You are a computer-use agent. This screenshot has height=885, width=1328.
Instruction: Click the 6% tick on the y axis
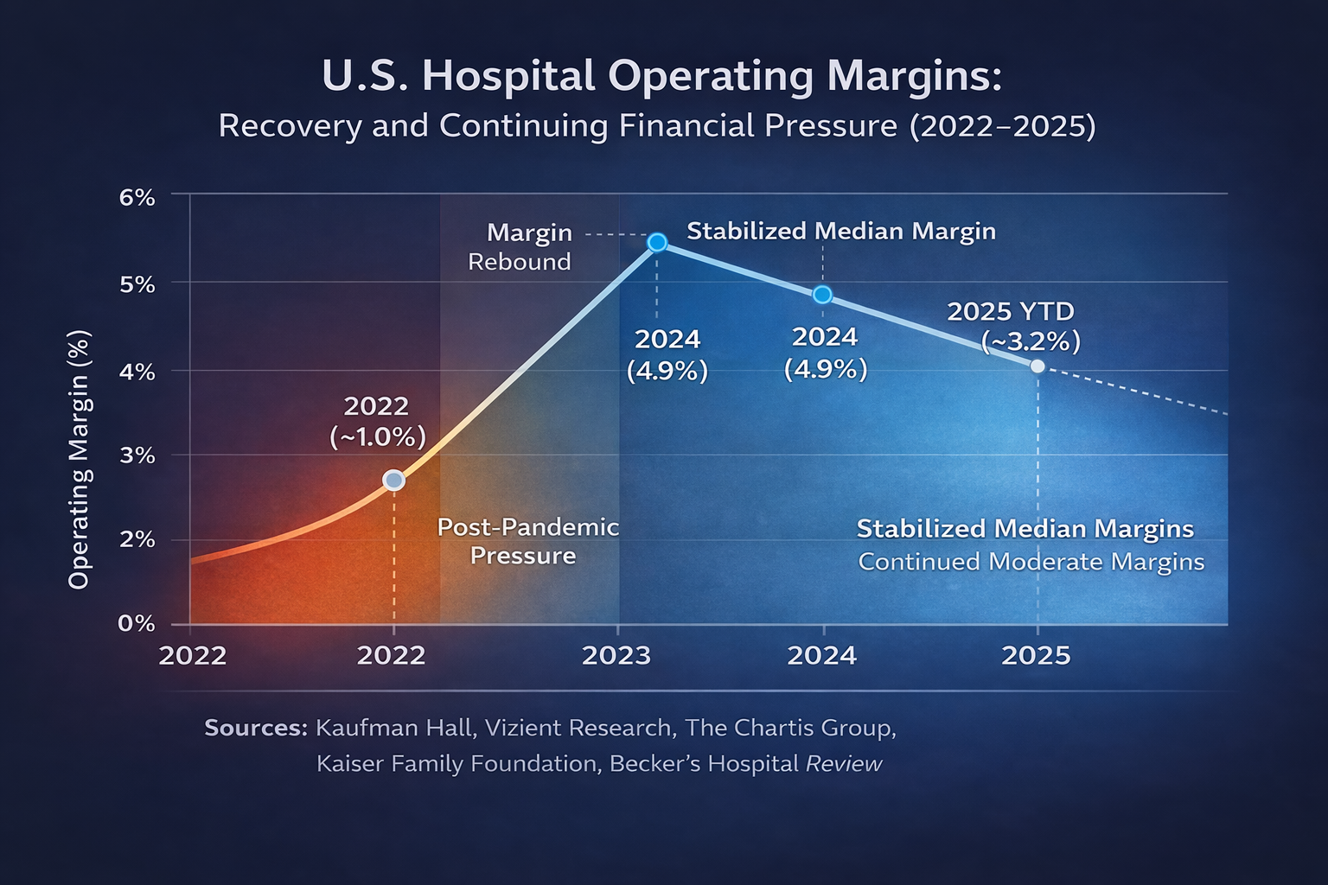click(137, 197)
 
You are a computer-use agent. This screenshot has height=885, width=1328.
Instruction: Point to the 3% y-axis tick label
click(137, 455)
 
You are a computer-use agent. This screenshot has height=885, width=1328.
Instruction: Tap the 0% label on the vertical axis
click(137, 623)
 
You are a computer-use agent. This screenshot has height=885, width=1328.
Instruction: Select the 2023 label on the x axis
click(616, 655)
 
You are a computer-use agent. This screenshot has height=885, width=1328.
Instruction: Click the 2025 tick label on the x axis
click(1036, 655)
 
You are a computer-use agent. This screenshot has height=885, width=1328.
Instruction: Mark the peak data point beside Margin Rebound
click(657, 242)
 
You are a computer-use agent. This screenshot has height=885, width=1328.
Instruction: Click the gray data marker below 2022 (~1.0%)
click(393, 481)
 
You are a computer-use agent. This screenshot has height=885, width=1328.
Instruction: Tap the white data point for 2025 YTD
click(1037, 366)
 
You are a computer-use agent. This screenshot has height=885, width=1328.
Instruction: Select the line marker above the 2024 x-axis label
click(822, 295)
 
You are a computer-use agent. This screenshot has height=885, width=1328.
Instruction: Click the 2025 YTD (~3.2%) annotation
click(1020, 327)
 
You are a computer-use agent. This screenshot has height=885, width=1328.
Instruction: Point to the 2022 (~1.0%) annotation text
click(377, 421)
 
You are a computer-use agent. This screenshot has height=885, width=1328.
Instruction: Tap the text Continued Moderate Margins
click(1031, 562)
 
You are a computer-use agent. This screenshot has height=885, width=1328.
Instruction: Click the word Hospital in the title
click(509, 76)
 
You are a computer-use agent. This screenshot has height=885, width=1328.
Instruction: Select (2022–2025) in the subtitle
click(1003, 126)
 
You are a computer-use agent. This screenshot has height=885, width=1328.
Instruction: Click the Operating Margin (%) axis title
click(80, 460)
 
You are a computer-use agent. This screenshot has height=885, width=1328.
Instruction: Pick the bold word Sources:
click(256, 728)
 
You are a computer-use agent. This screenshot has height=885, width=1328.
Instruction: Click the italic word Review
click(844, 764)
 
